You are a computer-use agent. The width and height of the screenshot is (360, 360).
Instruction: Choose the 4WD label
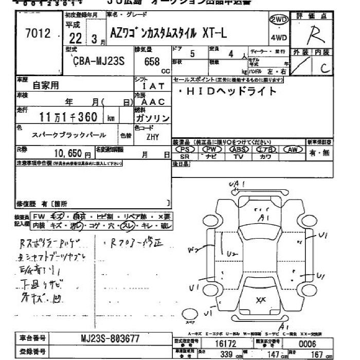(x=278, y=38)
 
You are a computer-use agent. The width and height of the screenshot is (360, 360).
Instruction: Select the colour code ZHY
(x=153, y=137)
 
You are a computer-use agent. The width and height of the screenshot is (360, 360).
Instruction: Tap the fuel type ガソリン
(x=153, y=118)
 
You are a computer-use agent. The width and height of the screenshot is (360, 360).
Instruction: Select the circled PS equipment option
(x=186, y=149)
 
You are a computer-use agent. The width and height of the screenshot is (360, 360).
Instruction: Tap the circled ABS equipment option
(x=238, y=149)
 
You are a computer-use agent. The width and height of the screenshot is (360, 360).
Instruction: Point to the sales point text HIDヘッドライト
(x=231, y=92)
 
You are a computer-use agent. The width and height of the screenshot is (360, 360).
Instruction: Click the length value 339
(x=225, y=354)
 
